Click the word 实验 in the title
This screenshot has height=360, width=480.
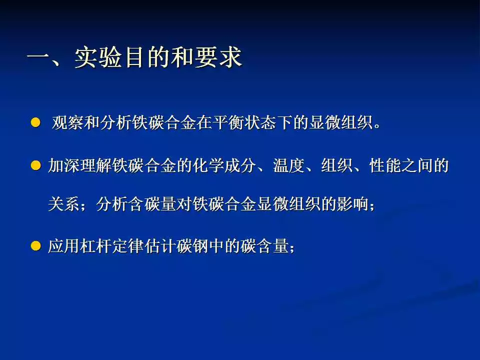[x=98, y=57]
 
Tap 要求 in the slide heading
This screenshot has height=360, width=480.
[x=218, y=57]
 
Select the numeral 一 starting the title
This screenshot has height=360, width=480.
[x=39, y=57]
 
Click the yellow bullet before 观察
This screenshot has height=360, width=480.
[x=35, y=123]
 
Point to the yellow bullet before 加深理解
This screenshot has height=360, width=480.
[x=35, y=165]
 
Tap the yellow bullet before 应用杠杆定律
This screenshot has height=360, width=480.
[x=35, y=246]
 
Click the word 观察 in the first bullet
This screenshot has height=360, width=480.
[x=67, y=123]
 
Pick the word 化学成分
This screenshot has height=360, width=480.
[x=224, y=165]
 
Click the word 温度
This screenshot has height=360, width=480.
[x=289, y=165]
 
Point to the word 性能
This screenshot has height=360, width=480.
[x=385, y=165]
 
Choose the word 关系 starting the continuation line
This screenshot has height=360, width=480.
[x=64, y=204]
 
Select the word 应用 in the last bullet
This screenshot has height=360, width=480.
[x=64, y=246]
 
